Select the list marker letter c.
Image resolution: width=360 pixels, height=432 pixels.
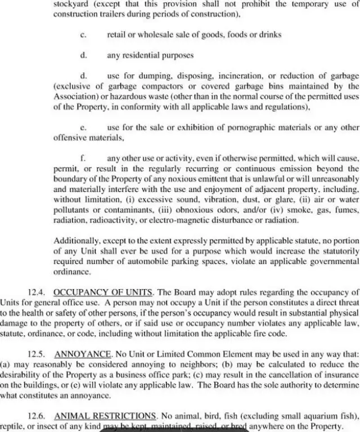(83, 35)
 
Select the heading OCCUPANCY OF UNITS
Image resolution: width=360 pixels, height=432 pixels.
(103, 292)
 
